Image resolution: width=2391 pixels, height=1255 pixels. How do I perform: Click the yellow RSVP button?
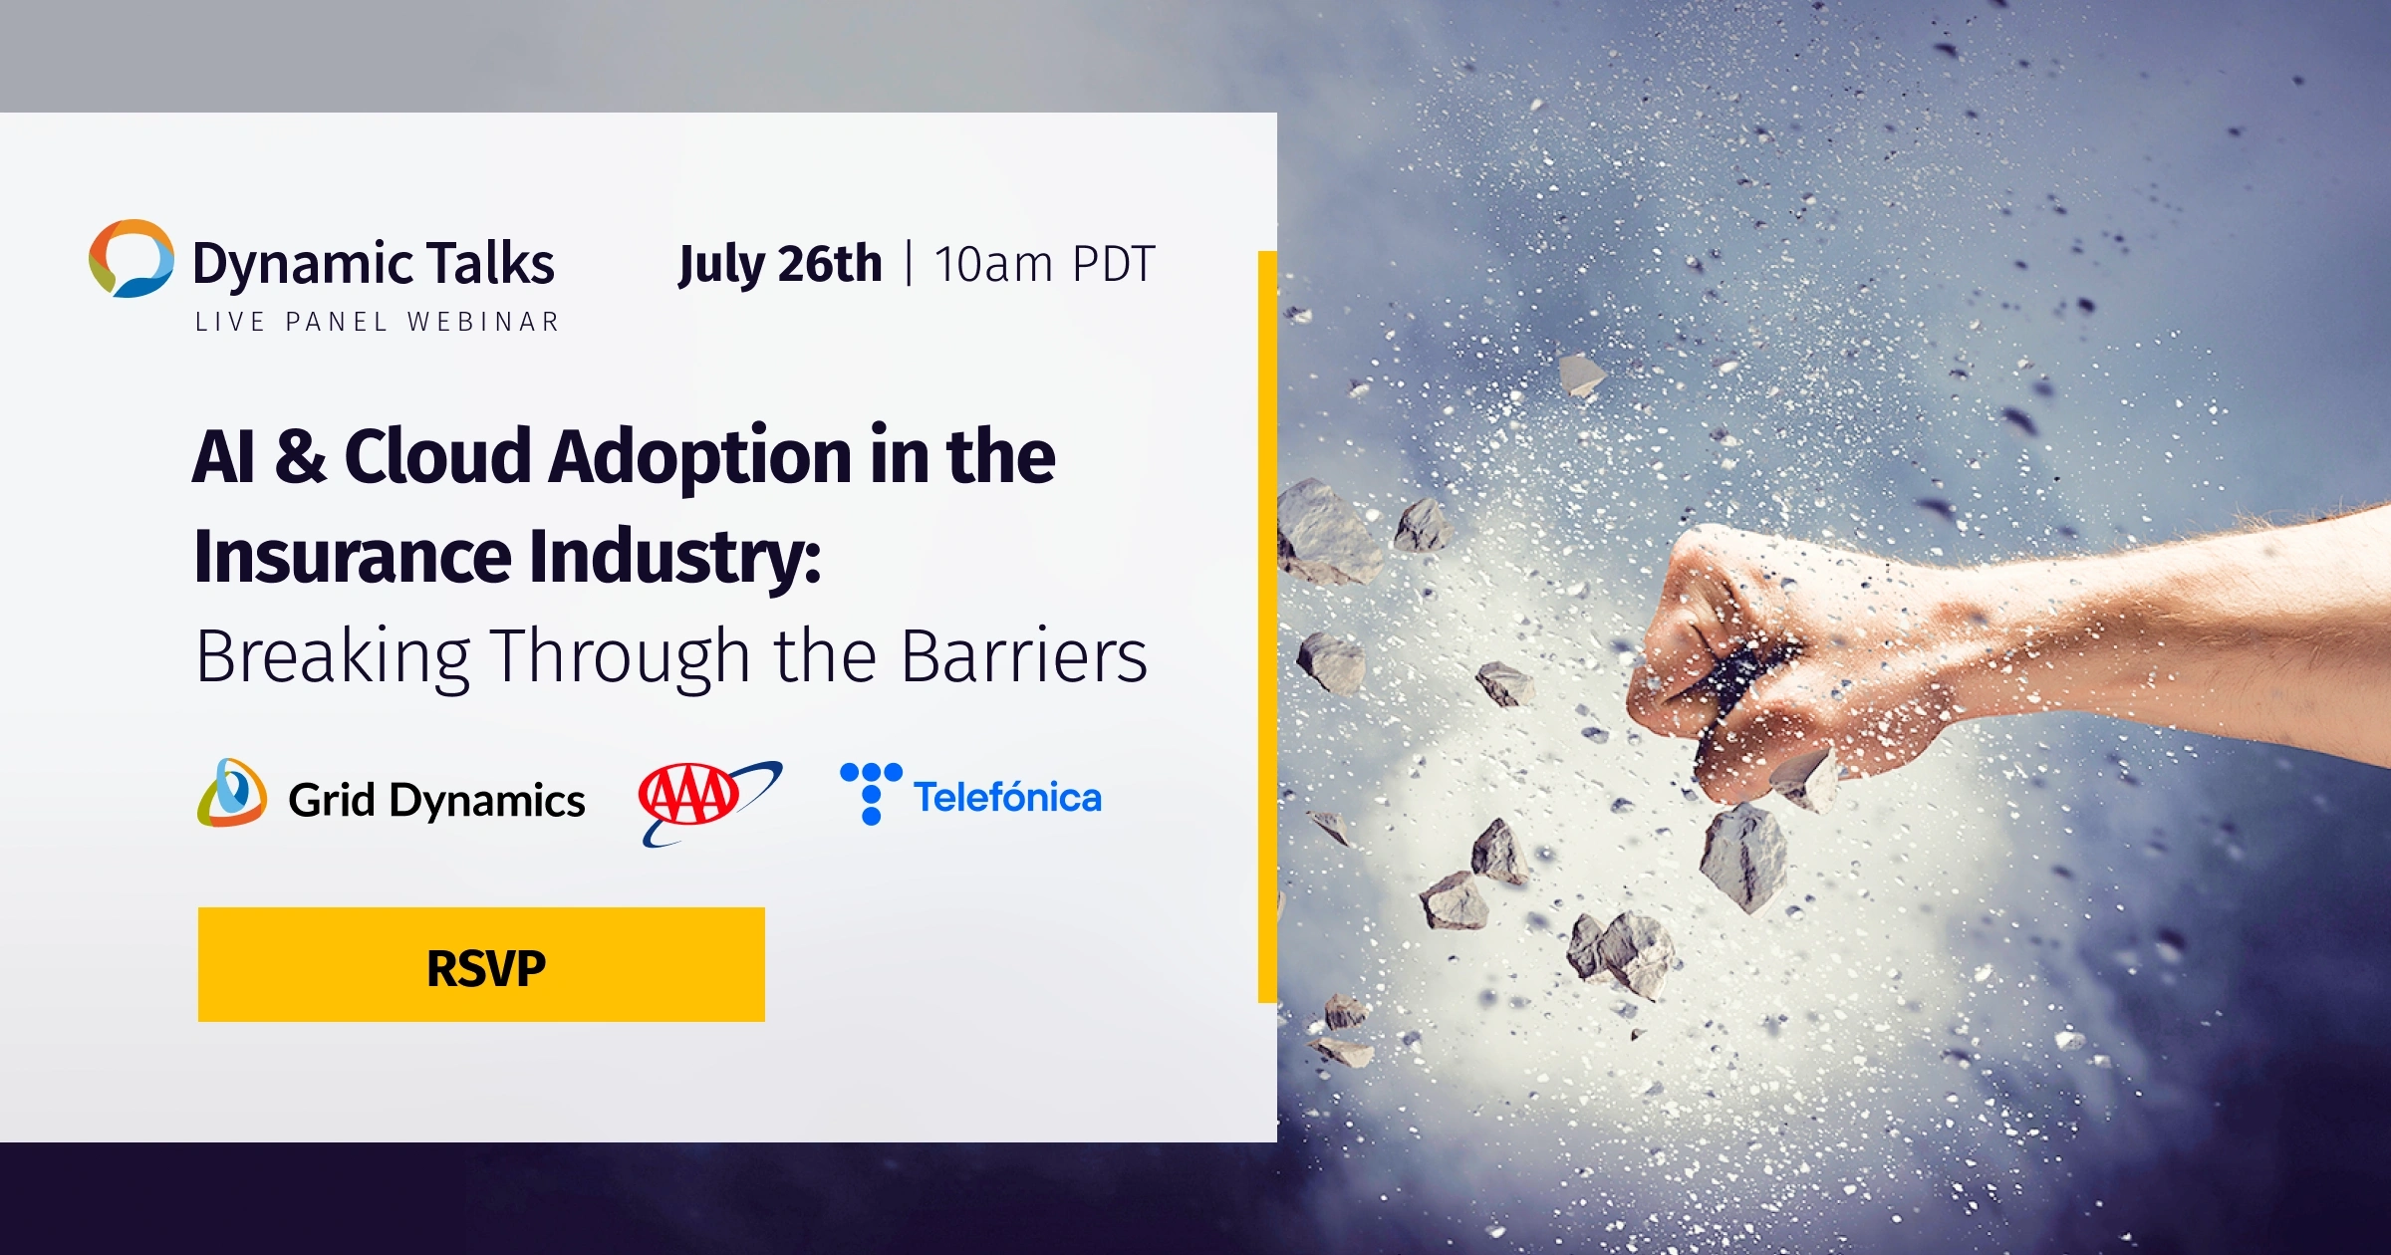481,964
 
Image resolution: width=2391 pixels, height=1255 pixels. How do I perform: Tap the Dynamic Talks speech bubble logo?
131,258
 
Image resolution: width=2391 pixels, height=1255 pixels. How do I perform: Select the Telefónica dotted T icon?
871,793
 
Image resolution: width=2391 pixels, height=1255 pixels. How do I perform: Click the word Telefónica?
1007,798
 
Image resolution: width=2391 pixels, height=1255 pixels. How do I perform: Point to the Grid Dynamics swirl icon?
232,794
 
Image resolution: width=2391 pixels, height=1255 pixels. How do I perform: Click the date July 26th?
780,264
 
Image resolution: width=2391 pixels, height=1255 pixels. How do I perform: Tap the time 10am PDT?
1044,265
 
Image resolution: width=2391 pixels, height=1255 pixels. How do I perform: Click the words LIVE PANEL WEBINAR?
378,322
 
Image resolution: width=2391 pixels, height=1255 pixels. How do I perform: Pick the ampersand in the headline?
300,456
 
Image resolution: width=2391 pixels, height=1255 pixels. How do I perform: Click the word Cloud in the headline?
437,456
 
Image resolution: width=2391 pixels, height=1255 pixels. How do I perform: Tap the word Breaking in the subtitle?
333,657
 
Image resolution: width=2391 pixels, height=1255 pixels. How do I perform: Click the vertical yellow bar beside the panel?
1267,627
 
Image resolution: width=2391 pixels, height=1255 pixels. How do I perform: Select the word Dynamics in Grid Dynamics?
487,801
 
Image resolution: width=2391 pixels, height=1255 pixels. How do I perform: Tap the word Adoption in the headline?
698,456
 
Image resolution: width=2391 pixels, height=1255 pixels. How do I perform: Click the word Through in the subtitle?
622,657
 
